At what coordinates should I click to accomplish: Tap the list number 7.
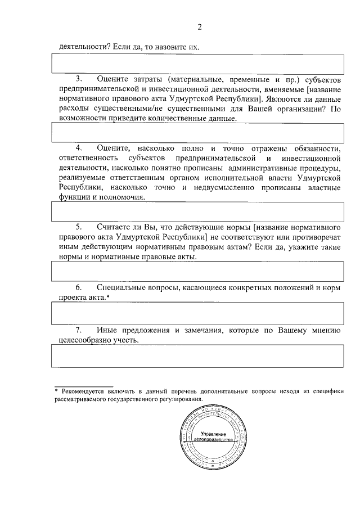pos(79,330)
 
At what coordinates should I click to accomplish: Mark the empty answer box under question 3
pos(197,133)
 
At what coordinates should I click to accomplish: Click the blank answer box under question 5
pos(197,272)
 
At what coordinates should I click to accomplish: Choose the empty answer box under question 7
pos(197,356)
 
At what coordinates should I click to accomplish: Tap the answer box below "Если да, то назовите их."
pos(197,64)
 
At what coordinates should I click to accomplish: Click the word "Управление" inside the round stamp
pos(213,434)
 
